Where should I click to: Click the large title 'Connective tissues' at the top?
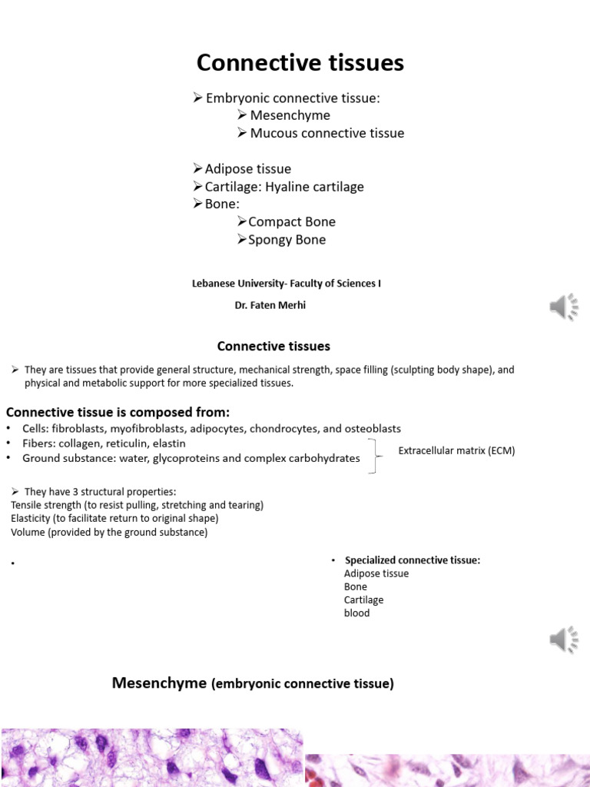[300, 63]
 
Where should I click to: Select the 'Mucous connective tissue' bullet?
[326, 133]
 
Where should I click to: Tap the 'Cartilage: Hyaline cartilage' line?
[284, 187]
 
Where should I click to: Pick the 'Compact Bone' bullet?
[292, 221]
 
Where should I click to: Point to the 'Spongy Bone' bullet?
[287, 240]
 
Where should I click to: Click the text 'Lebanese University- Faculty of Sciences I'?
[286, 284]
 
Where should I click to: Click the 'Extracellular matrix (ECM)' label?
[456, 451]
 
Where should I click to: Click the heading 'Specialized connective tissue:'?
[413, 560]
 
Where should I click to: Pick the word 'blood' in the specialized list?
[356, 613]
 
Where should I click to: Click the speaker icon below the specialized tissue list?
[563, 639]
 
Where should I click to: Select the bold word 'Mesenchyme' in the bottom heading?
[159, 682]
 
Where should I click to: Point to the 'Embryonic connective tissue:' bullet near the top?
[293, 98]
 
